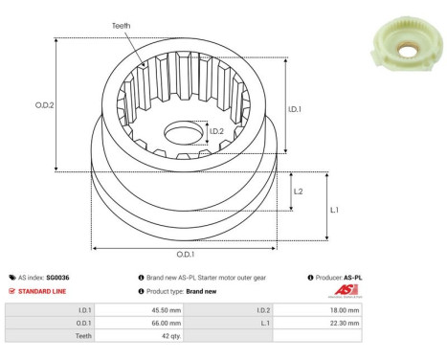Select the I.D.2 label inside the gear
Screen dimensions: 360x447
(x=217, y=131)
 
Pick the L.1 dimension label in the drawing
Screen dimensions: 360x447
(x=334, y=209)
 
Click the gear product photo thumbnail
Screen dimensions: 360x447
(x=405, y=39)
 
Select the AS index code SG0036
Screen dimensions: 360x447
(x=59, y=278)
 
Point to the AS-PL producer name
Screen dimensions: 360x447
(x=353, y=278)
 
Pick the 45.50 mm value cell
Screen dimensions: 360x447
(x=162, y=310)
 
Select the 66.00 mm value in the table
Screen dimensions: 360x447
(x=162, y=324)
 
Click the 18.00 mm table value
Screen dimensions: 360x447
(x=345, y=310)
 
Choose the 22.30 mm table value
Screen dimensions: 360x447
(x=345, y=324)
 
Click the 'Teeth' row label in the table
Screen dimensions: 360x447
(x=82, y=337)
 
